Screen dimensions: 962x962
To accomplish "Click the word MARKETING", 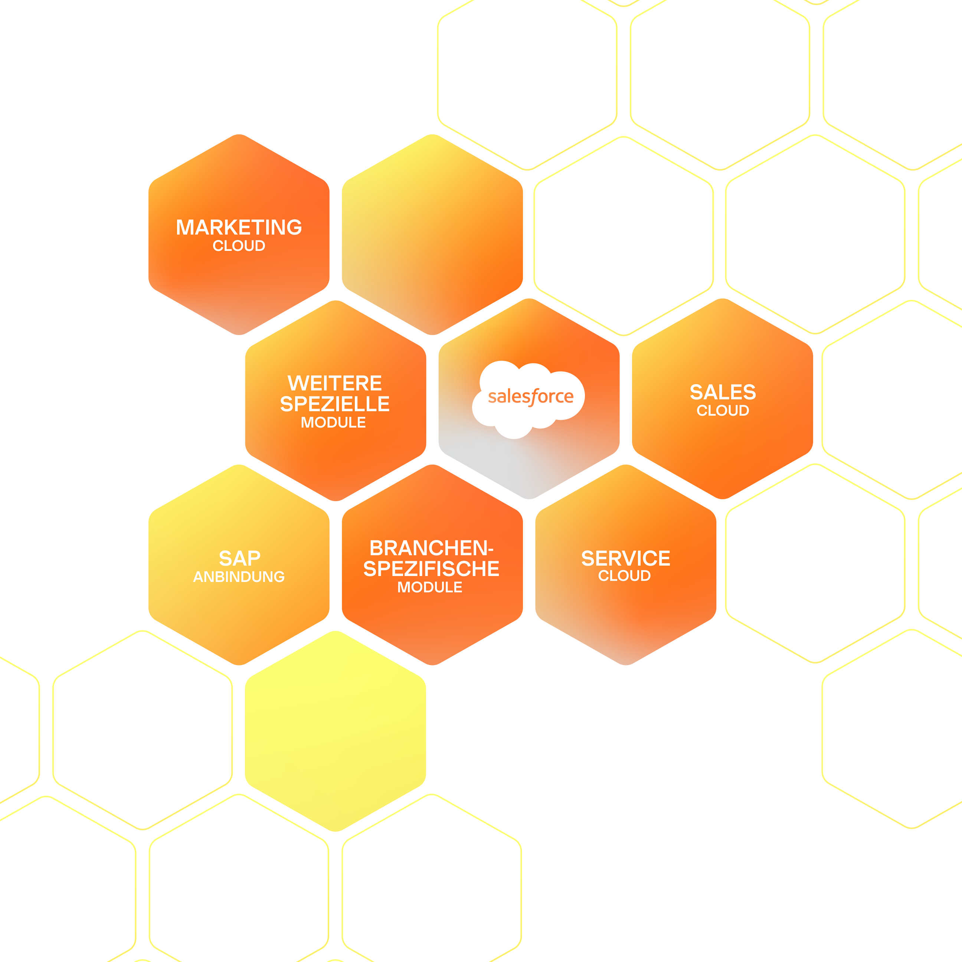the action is click(239, 228).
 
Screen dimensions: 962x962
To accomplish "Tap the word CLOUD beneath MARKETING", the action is click(239, 246).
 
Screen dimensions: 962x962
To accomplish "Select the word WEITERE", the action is click(335, 383).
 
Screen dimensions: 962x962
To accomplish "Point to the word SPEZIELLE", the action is click(335, 404).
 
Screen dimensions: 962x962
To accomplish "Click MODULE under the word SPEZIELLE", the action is click(333, 423).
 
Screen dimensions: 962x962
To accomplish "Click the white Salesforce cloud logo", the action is click(529, 398).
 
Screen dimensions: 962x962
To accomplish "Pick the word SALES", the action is click(723, 392).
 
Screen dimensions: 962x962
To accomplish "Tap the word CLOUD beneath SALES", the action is click(723, 411).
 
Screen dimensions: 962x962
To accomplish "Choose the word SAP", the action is click(239, 558).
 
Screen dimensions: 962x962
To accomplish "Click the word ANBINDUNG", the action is click(239, 577).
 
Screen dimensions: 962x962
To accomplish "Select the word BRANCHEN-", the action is click(431, 548).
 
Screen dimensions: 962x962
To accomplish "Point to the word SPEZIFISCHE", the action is click(431, 569).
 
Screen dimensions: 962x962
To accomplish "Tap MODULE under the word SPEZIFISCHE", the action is click(430, 588).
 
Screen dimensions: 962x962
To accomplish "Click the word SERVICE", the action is click(625, 558).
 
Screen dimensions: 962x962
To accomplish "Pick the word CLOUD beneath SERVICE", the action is click(624, 576).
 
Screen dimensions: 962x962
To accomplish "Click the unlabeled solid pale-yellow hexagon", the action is click(336, 731).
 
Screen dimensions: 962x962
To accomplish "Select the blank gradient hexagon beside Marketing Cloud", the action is click(432, 234).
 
